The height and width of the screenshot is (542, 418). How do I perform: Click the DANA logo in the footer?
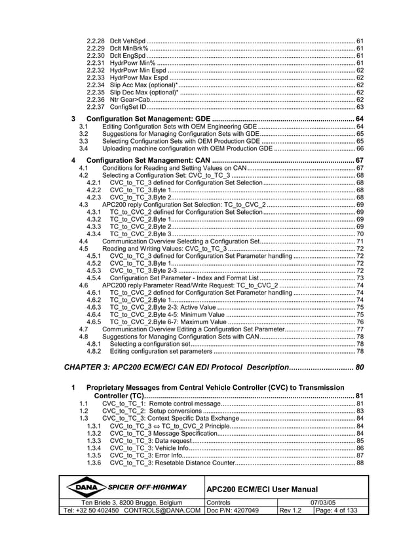pos(86,488)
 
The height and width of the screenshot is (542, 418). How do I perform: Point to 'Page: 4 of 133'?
pos(335,511)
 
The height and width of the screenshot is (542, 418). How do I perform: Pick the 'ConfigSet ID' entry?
pos(129,107)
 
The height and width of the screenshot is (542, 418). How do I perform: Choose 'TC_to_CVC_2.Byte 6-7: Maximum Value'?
pos(171,322)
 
